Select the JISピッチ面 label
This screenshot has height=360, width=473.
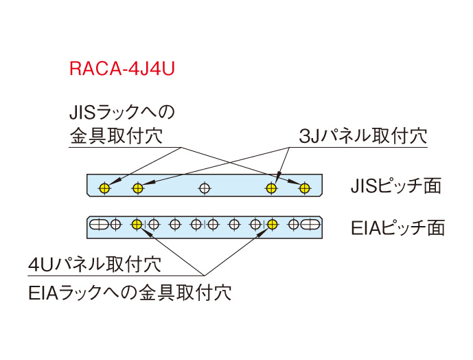[395, 186]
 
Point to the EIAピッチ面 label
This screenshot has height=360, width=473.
[397, 227]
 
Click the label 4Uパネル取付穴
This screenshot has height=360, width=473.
[95, 265]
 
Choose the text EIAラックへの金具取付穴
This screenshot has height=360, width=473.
[130, 293]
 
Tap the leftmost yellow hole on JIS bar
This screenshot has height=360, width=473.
[104, 187]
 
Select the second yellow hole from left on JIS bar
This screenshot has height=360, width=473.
[138, 187]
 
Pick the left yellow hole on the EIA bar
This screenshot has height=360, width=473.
[137, 223]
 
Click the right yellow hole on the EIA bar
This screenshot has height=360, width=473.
[272, 223]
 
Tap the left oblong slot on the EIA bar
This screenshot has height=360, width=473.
[100, 223]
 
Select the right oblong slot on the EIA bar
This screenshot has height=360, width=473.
[310, 223]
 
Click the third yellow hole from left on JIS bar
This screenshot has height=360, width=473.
[272, 187]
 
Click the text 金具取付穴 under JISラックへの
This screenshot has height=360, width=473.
[115, 135]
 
